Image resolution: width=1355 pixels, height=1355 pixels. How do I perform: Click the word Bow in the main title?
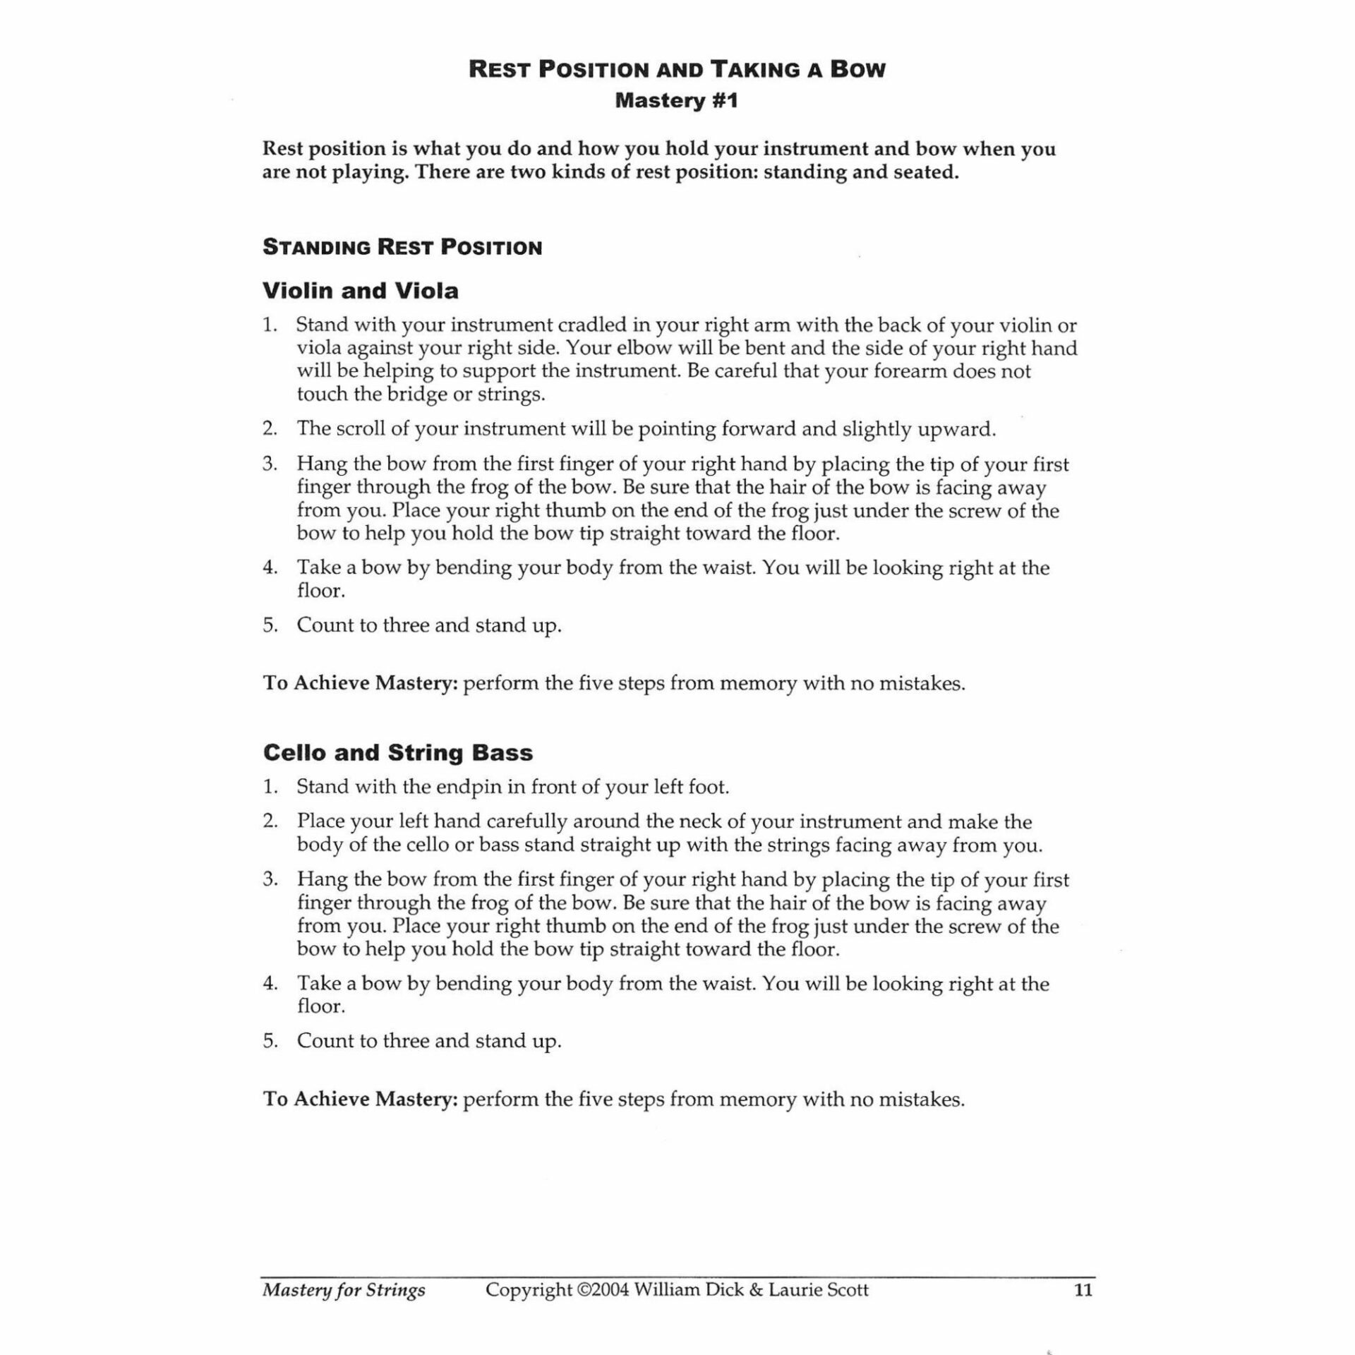pyautogui.click(x=857, y=70)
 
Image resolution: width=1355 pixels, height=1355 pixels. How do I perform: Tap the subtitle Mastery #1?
pyautogui.click(x=676, y=101)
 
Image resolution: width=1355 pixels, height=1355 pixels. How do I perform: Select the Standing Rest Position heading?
pyautogui.click(x=402, y=248)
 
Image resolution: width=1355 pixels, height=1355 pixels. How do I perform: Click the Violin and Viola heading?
pyautogui.click(x=360, y=291)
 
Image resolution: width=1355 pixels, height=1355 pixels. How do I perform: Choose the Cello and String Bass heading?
pyautogui.click(x=397, y=753)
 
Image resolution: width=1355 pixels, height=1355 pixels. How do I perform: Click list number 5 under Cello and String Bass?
pyautogui.click(x=270, y=1041)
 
